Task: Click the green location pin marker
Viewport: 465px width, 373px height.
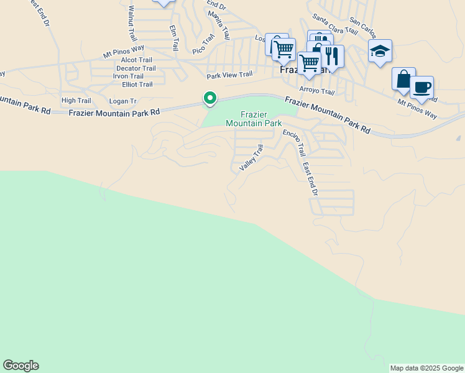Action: point(210,98)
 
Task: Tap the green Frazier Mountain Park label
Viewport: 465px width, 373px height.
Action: point(254,119)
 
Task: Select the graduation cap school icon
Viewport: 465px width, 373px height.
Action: point(380,51)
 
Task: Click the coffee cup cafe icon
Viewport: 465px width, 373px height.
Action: point(422,87)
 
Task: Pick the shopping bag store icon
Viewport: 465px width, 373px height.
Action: point(403,79)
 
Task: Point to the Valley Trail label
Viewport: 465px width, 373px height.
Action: point(252,158)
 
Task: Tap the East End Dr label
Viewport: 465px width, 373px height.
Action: point(310,179)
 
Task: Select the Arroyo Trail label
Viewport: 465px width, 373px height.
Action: point(317,91)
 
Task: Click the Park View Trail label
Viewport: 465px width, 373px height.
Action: point(229,75)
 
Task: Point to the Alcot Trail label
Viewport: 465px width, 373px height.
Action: point(137,60)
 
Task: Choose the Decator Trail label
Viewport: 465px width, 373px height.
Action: point(136,68)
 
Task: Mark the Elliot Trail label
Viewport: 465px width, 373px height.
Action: point(137,85)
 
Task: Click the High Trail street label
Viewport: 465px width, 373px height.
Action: point(76,101)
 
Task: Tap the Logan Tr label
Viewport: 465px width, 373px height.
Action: point(122,101)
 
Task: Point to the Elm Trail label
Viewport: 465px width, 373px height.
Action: point(175,38)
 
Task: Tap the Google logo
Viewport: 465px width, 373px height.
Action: point(21,366)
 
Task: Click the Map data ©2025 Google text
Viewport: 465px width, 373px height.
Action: point(426,368)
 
